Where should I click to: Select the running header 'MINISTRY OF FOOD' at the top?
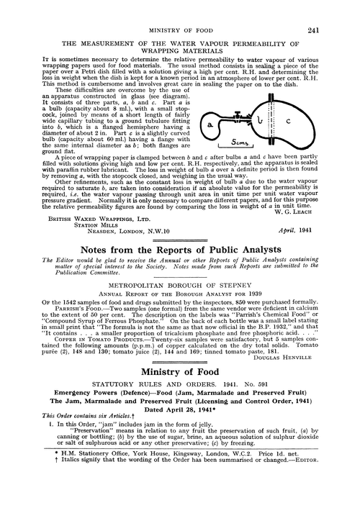[180, 10]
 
